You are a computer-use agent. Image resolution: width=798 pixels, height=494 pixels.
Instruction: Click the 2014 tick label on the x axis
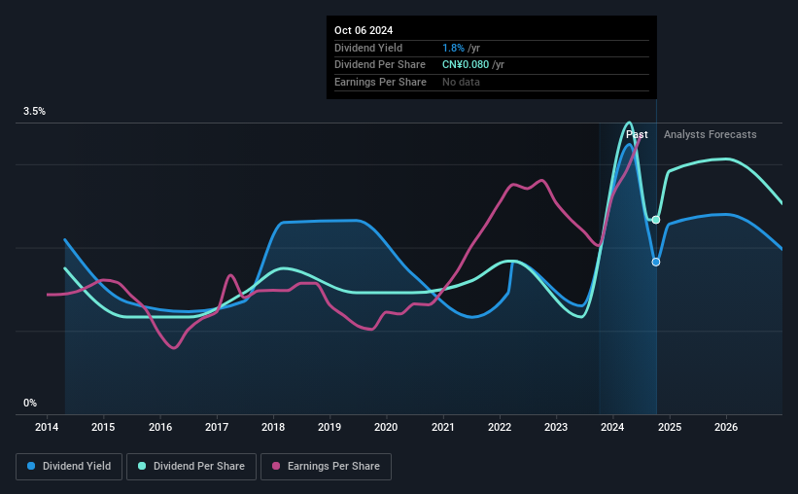click(47, 427)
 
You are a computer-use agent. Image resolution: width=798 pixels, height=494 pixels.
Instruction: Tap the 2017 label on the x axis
click(217, 427)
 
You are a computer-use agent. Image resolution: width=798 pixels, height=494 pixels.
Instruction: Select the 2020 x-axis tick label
click(386, 427)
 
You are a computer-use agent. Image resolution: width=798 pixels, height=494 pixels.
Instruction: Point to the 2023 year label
click(556, 427)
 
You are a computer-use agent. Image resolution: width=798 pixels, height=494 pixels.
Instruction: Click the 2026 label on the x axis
click(726, 427)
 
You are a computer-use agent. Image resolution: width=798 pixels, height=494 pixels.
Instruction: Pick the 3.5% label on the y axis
click(34, 112)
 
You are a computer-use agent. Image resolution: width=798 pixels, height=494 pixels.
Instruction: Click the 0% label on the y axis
click(30, 403)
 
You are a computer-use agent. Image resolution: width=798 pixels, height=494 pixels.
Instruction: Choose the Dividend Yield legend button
click(69, 467)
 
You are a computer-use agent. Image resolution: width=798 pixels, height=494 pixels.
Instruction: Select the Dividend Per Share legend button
click(191, 467)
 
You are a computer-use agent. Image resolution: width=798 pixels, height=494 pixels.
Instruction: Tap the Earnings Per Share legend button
click(326, 467)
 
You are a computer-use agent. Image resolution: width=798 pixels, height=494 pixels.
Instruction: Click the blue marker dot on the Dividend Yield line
click(656, 262)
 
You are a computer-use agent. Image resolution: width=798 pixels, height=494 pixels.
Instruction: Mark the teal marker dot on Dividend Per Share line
click(656, 220)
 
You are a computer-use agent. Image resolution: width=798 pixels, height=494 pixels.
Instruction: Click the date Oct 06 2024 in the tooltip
click(364, 30)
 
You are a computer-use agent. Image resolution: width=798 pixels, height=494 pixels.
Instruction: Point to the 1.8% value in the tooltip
click(453, 48)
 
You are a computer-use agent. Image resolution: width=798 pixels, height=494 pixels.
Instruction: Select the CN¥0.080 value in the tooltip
click(466, 65)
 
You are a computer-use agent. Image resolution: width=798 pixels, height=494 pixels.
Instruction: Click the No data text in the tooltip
click(461, 82)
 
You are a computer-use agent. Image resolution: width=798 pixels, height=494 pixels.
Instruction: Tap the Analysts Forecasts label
click(710, 134)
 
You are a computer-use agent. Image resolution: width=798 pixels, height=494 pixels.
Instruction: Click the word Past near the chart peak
click(637, 134)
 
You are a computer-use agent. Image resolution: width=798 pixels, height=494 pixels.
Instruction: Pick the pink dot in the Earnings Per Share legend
click(276, 466)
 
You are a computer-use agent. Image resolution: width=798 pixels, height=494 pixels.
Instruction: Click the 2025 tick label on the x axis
click(670, 427)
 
